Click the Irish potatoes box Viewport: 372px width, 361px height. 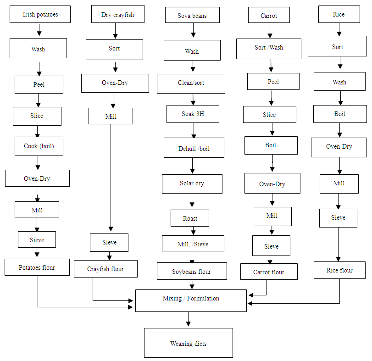click(x=40, y=14)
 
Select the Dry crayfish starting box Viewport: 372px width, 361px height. click(x=117, y=15)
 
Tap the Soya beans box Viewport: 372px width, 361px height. click(x=192, y=16)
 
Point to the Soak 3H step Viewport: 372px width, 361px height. click(x=193, y=114)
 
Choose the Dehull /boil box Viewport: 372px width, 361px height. click(x=194, y=148)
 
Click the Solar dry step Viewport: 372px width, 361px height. click(x=192, y=183)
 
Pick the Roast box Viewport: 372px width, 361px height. click(x=190, y=218)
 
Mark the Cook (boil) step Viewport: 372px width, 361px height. click(x=39, y=146)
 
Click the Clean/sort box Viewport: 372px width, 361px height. click(x=191, y=83)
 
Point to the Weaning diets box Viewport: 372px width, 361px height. click(x=188, y=343)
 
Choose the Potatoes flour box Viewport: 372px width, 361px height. click(x=37, y=267)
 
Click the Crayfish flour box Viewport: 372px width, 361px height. click(x=105, y=269)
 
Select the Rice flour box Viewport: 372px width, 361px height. click(x=339, y=270)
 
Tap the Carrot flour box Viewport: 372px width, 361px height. click(x=269, y=272)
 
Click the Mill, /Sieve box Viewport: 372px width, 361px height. click(x=193, y=244)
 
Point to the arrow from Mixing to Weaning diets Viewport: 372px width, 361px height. click(x=188, y=319)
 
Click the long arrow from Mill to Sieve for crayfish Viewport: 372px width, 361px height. click(x=111, y=179)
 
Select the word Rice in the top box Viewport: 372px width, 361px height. click(x=339, y=14)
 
